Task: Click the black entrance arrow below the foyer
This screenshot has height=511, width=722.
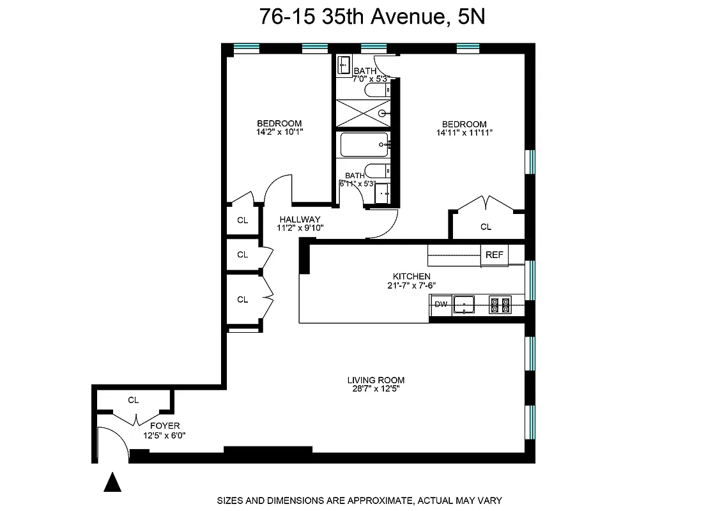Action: [x=112, y=483]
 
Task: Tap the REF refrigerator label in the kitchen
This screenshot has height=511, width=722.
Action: [x=495, y=255]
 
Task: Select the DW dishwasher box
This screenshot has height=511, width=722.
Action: [x=441, y=305]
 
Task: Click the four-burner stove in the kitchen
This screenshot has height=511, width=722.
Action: [x=500, y=305]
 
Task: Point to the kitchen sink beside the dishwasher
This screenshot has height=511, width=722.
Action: [x=465, y=305]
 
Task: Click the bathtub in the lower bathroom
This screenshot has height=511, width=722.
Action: [x=364, y=145]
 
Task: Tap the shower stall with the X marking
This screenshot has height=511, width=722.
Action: [x=363, y=113]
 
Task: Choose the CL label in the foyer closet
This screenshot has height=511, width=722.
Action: [x=133, y=400]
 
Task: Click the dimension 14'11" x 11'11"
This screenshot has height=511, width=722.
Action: [x=465, y=133]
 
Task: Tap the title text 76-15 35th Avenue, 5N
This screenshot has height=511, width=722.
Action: [x=372, y=17]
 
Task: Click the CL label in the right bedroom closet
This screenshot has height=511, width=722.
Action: [x=486, y=227]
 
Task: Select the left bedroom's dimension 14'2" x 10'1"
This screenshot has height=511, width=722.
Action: [x=279, y=132]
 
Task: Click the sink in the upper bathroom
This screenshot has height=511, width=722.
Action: [x=344, y=65]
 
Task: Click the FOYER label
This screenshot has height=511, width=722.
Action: [x=165, y=425]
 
